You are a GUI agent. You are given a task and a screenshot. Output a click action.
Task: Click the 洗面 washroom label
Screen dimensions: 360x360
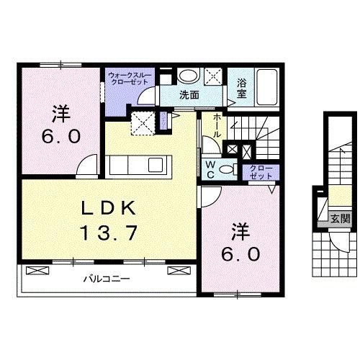tap(189, 94)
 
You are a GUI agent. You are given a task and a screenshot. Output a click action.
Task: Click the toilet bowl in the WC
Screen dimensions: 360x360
tap(228, 168)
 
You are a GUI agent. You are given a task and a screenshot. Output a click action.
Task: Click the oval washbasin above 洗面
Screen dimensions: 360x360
tap(189, 77)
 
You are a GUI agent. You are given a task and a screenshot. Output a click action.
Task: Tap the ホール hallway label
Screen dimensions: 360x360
tap(217, 127)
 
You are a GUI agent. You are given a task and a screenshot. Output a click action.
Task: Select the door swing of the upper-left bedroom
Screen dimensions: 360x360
tap(87, 165)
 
